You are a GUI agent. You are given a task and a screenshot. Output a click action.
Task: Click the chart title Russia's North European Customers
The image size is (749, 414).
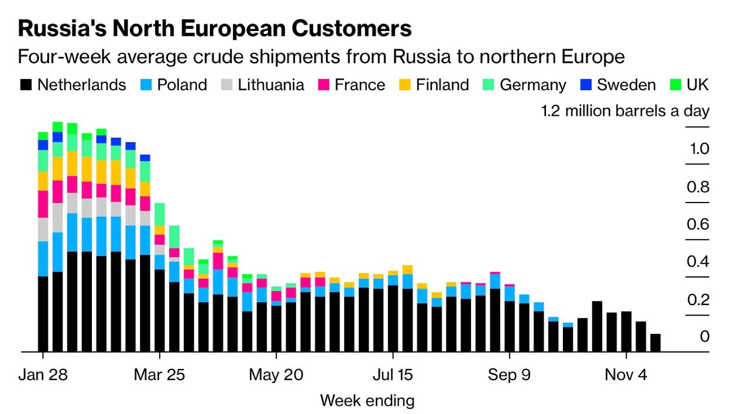pos(215,28)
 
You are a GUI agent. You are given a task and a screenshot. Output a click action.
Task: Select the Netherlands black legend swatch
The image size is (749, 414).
pos(26,85)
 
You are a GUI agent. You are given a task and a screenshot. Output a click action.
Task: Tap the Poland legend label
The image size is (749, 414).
pos(182,85)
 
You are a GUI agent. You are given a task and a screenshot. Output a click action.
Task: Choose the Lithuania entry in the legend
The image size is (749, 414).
pos(271,85)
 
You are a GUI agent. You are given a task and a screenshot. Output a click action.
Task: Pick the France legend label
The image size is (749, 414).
pos(360,85)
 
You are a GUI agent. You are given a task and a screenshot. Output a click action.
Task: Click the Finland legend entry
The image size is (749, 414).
pos(442,85)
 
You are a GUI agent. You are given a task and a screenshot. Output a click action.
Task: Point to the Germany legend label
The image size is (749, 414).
pos(533,85)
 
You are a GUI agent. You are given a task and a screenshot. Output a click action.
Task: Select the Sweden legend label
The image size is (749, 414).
pos(626,85)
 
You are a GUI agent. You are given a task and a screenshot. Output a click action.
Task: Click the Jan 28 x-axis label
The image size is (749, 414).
pos(43,375)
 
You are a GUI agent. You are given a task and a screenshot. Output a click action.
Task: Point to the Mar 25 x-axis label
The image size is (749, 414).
pos(159,375)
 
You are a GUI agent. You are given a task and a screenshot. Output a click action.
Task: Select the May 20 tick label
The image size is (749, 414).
pos(276,375)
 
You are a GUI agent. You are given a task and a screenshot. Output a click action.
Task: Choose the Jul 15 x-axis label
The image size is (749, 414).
pos(393,375)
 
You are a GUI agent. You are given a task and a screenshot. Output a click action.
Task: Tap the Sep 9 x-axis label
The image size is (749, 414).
pos(510,375)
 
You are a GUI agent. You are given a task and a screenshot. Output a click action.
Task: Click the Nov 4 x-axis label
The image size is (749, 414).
pos(626,375)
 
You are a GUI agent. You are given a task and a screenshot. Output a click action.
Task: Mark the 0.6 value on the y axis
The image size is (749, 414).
pos(698,225)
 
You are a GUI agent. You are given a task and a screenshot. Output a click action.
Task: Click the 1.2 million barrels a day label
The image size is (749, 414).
pos(625,111)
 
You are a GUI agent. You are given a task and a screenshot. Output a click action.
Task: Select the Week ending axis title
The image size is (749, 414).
pos(367,401)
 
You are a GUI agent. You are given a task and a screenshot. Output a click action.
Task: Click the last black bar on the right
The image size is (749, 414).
pos(655,343)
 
